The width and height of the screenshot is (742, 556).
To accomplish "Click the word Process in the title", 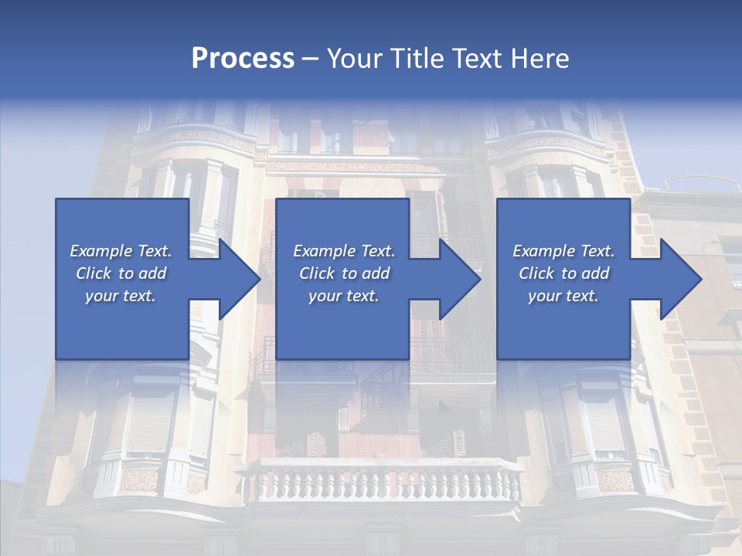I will click(243, 59).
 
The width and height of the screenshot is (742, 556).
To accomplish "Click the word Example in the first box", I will click(100, 251).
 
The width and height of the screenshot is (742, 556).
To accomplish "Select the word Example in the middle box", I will click(324, 251).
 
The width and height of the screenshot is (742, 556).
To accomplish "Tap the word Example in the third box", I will click(543, 251).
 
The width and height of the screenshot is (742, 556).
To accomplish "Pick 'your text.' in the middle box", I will click(343, 296).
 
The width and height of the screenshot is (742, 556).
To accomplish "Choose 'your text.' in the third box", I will click(563, 296).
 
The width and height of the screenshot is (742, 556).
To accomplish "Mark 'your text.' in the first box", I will click(121, 296).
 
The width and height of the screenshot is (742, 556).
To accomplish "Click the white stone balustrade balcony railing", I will click(379, 483).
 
